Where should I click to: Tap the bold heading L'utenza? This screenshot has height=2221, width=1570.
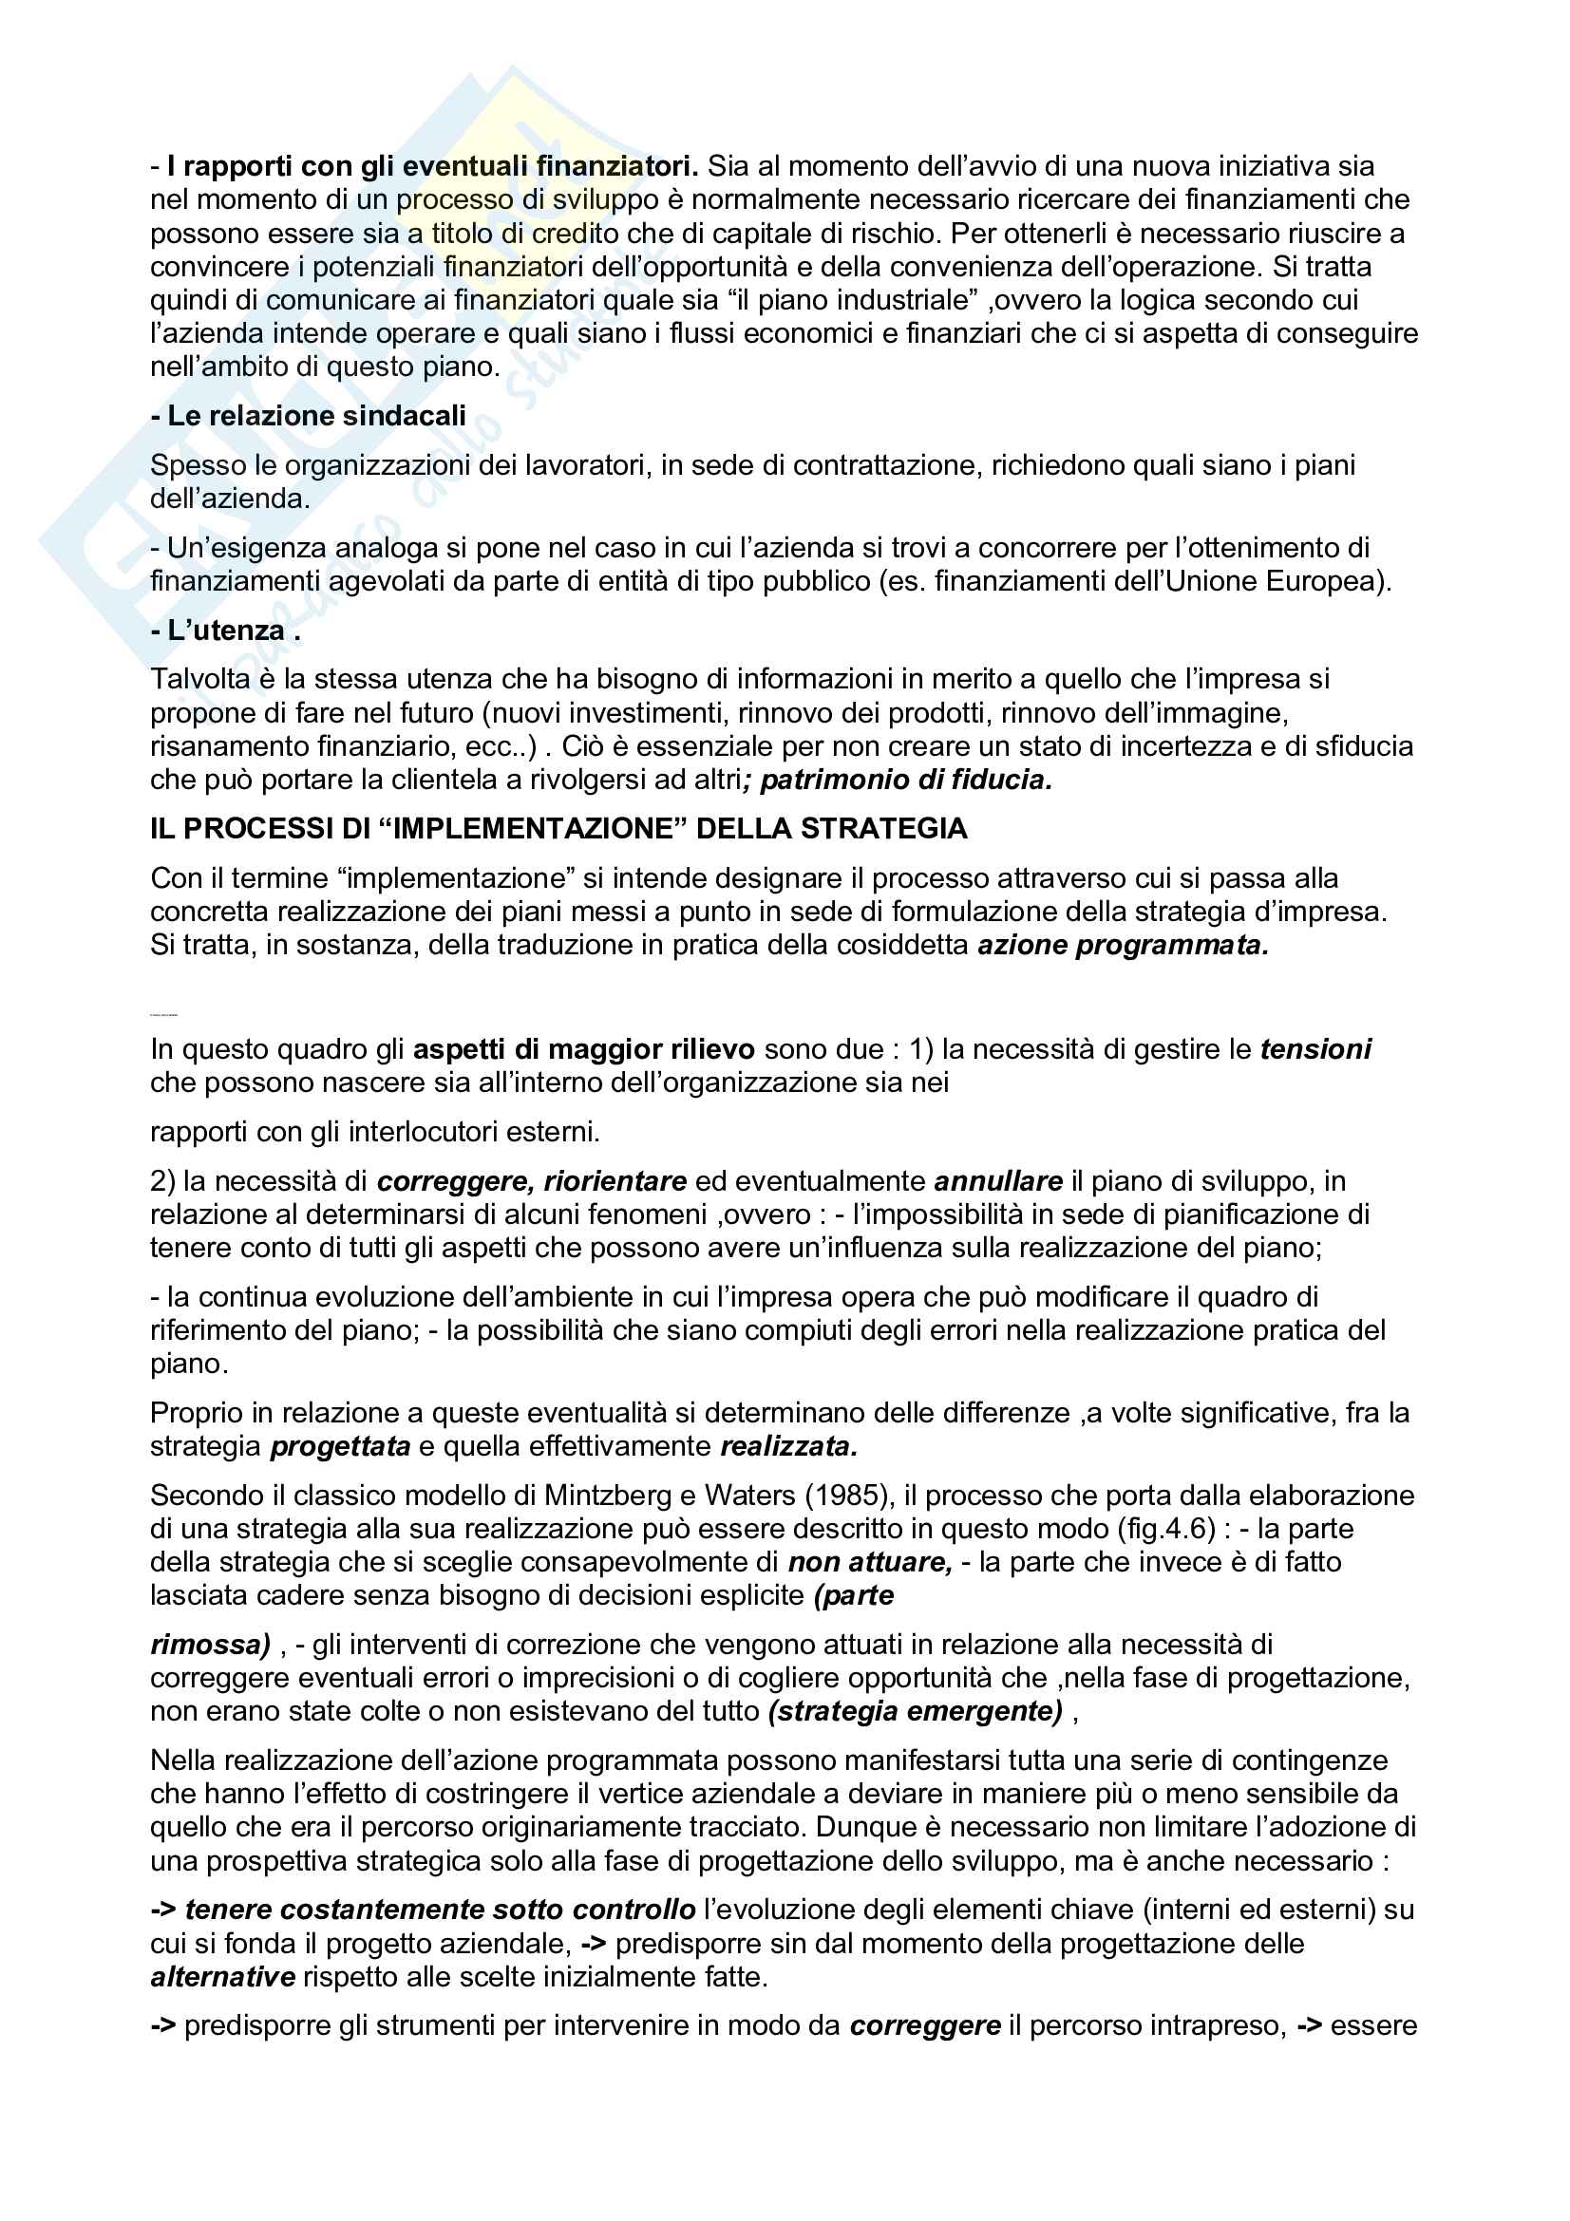[x=225, y=631]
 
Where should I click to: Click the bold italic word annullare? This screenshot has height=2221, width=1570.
[x=998, y=1181]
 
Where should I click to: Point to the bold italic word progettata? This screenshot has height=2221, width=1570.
[x=341, y=1446]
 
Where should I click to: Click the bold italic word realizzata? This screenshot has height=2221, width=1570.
[x=788, y=1446]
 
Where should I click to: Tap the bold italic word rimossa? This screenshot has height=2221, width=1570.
[x=209, y=1645]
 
